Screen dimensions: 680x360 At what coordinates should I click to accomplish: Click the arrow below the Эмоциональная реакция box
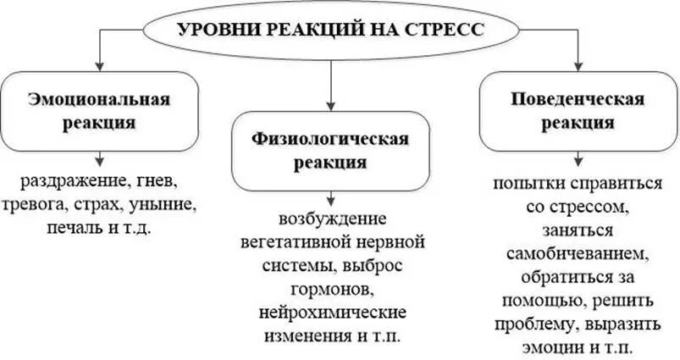tap(100, 158)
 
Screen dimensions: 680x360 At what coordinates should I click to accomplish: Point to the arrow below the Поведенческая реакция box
tap(578, 158)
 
